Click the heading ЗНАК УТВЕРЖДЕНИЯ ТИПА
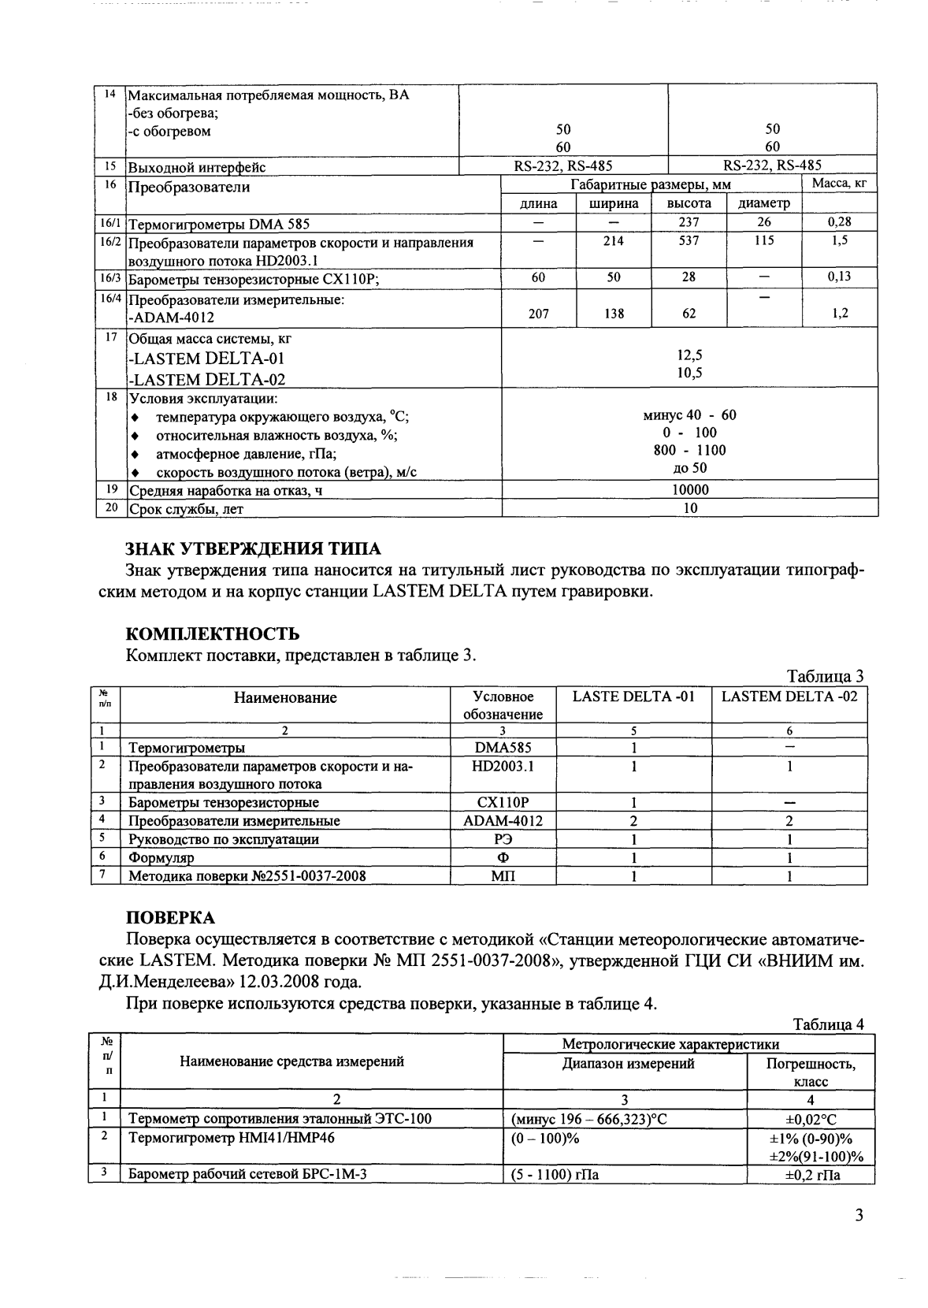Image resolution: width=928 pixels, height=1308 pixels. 253,548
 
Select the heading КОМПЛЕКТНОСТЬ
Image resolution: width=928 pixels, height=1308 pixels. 213,634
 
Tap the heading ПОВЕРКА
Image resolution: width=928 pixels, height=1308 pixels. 170,917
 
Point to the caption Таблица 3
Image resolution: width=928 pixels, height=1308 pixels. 826,676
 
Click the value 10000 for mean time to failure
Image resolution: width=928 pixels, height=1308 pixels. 689,489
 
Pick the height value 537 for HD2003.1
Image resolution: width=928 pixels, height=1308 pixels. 689,241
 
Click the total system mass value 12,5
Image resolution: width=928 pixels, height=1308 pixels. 689,356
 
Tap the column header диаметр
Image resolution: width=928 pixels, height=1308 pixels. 763,203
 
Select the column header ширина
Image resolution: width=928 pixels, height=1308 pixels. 614,203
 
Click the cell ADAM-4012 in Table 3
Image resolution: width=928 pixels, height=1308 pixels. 503,820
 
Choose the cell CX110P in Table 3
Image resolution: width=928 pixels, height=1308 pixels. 503,802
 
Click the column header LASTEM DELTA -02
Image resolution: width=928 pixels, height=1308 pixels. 789,697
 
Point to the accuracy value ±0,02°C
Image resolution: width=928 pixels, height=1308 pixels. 811,1119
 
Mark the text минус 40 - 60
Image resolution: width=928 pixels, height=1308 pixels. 689,415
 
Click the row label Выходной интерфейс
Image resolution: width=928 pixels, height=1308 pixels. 197,167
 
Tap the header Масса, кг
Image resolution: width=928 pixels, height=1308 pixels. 839,184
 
